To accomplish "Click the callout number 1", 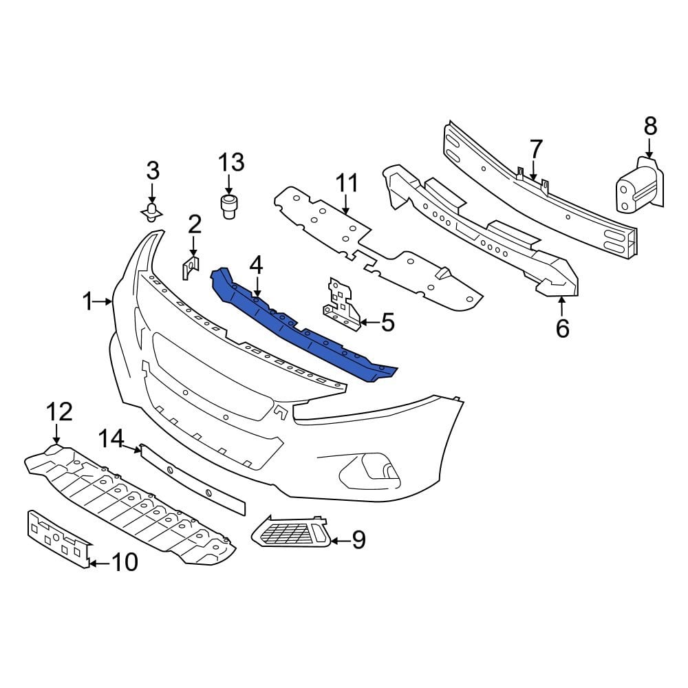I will coord(87,301).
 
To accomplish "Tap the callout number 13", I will coord(231,163).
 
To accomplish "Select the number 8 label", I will coord(650,127).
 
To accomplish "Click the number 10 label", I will coord(124,562).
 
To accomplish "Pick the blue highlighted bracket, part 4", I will coord(303,323).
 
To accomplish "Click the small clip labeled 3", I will coord(151,212).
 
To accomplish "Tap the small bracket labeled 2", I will coord(191,267).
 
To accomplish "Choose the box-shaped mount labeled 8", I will coord(637,186).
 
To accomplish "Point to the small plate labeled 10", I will coord(58,539).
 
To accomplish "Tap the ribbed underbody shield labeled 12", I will coord(131,502).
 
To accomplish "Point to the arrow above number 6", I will coord(561,307).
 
